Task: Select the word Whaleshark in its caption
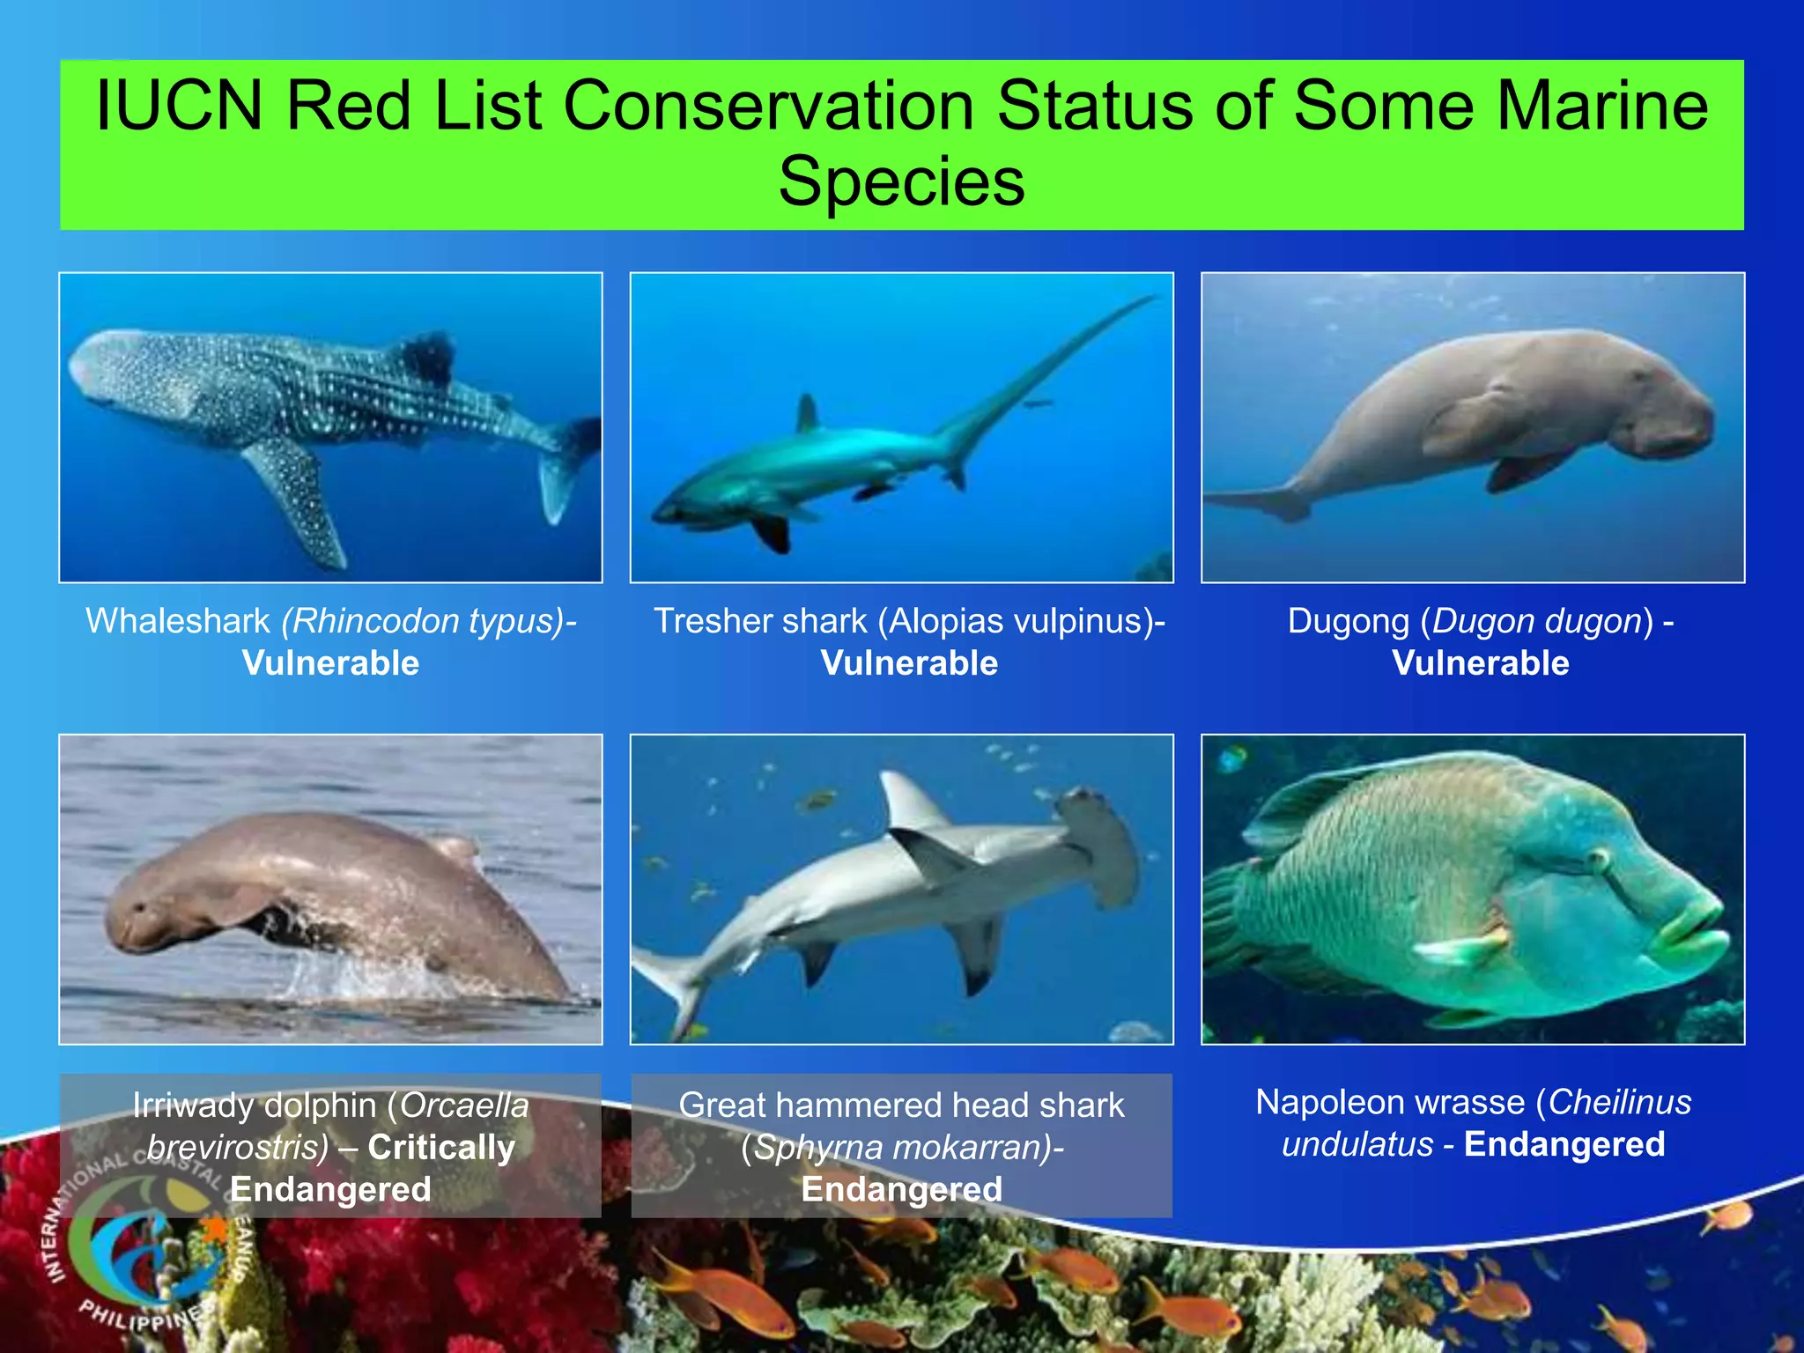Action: click(x=177, y=621)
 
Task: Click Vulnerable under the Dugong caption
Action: click(x=1480, y=663)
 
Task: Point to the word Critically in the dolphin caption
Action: click(x=441, y=1147)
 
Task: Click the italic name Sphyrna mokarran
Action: click(x=898, y=1147)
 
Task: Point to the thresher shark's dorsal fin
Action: click(x=807, y=413)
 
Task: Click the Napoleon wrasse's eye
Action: click(x=1596, y=856)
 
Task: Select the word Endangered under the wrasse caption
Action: click(x=1564, y=1144)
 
